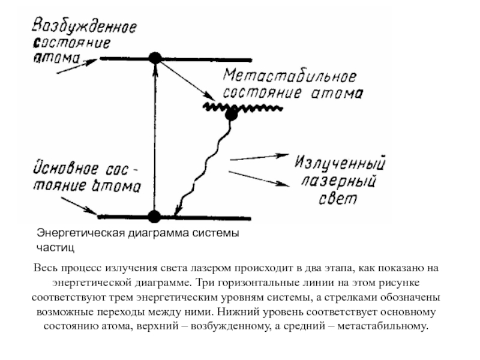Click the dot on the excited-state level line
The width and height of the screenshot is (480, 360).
(x=155, y=58)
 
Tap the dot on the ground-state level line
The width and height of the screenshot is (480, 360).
(x=155, y=216)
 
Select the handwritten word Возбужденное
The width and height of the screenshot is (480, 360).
(x=84, y=27)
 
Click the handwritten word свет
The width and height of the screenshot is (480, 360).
(x=338, y=199)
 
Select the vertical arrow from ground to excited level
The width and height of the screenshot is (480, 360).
(x=155, y=138)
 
